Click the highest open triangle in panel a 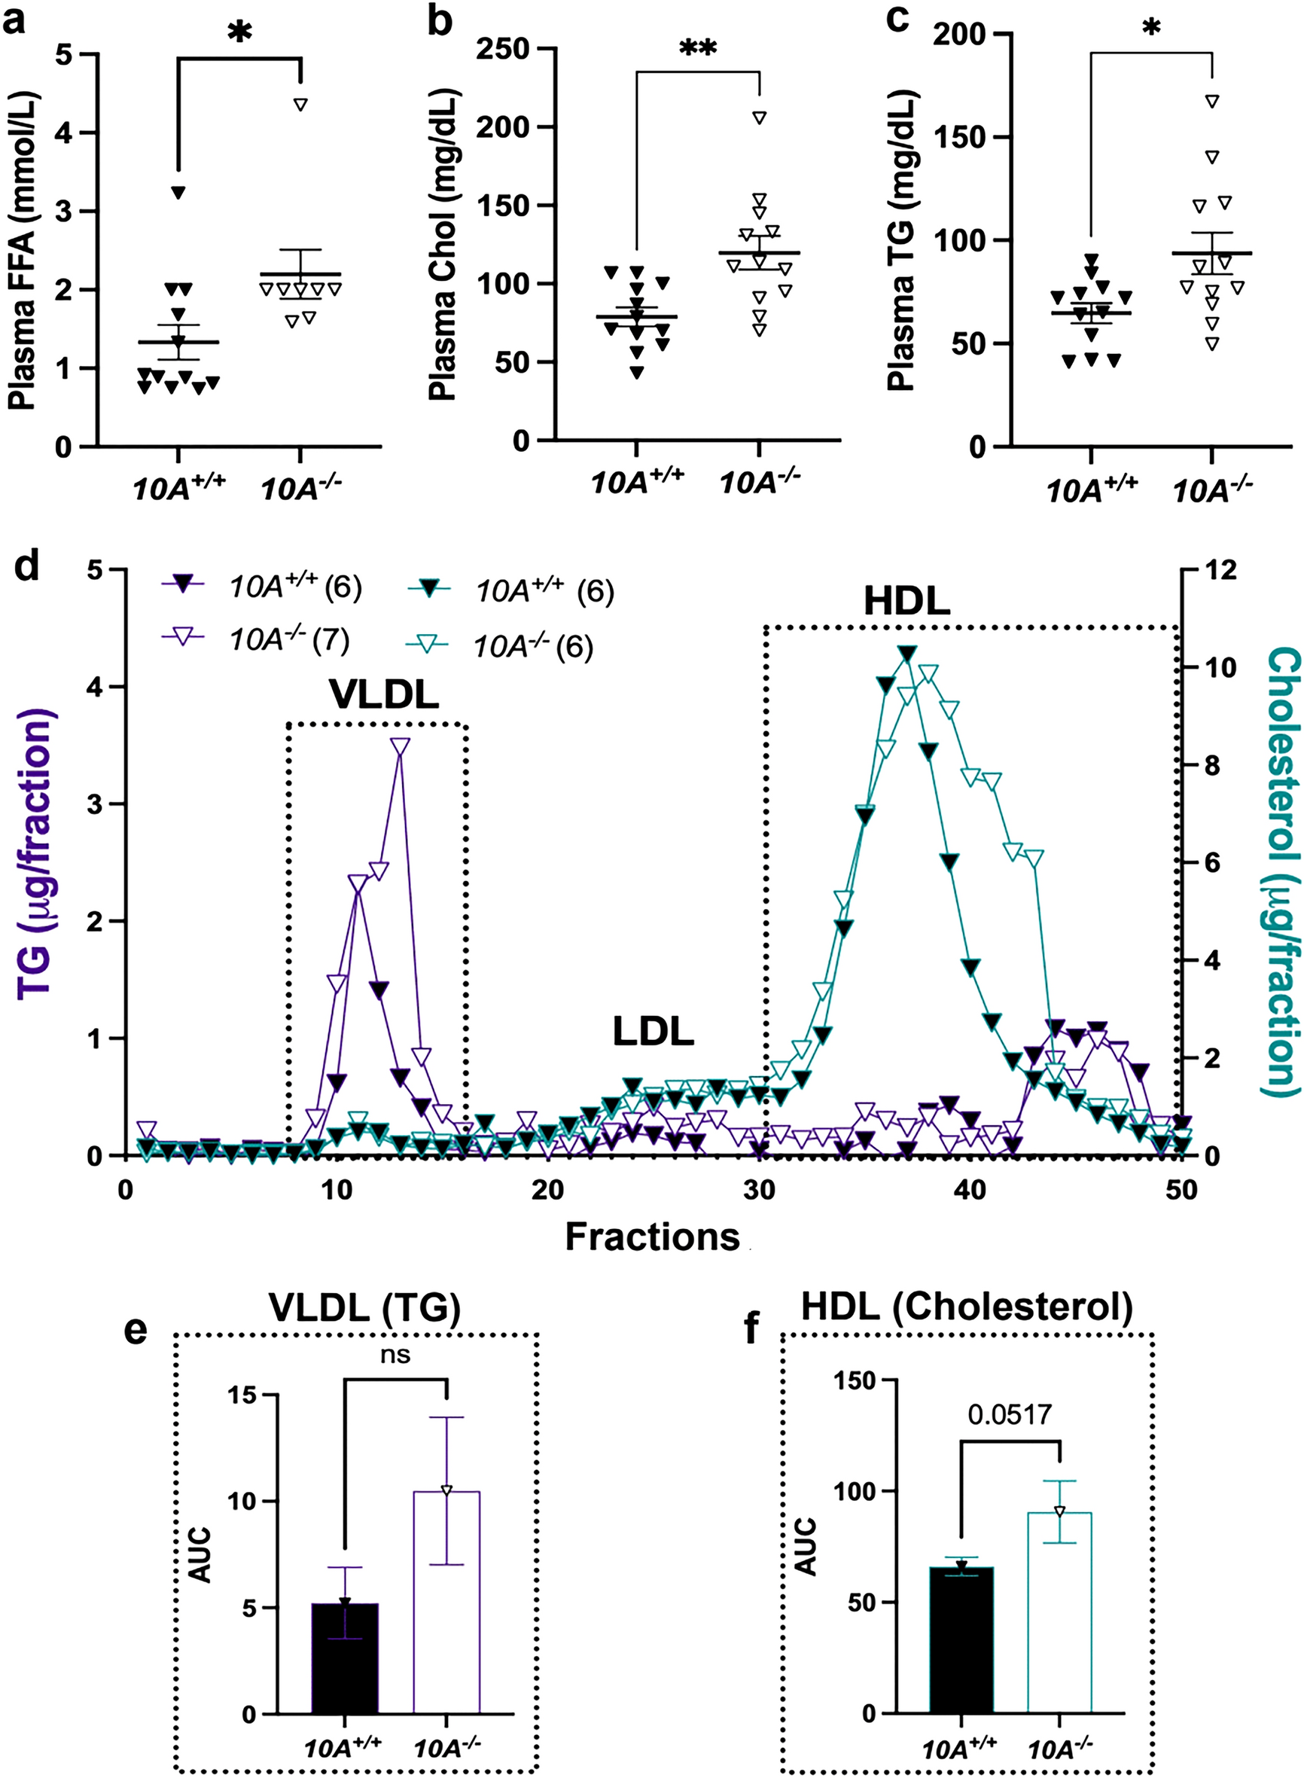tap(300, 104)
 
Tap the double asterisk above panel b tap(698, 49)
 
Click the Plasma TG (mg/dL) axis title tap(901, 241)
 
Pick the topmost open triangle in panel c tap(1212, 101)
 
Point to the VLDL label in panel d tap(384, 695)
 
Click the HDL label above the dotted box tap(906, 602)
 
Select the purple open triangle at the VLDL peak tap(401, 746)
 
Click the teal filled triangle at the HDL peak tap(908, 654)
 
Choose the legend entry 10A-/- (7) tap(288, 639)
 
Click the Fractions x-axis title tap(652, 1237)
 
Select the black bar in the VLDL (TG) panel tap(345, 1658)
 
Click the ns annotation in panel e tap(395, 1355)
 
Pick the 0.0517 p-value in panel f tap(1010, 1414)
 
